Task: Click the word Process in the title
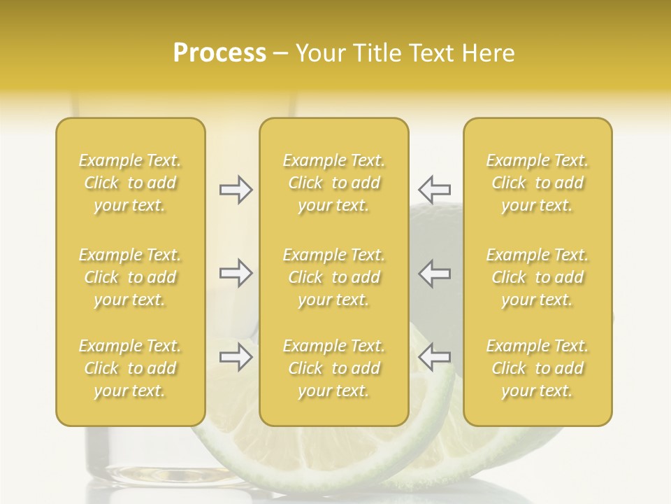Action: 219,53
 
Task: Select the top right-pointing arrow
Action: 236,190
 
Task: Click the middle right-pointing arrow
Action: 236,273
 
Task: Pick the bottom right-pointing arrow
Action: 236,357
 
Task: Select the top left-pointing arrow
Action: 435,190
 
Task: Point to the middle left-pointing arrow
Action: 435,273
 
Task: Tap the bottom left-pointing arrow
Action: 435,357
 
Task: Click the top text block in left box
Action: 130,183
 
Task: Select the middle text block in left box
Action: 130,277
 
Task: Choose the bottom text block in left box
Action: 130,368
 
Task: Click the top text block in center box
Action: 334,183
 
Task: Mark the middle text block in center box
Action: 334,277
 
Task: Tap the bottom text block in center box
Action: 334,368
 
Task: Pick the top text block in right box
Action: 537,183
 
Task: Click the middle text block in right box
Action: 537,277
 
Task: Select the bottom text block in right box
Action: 537,368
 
